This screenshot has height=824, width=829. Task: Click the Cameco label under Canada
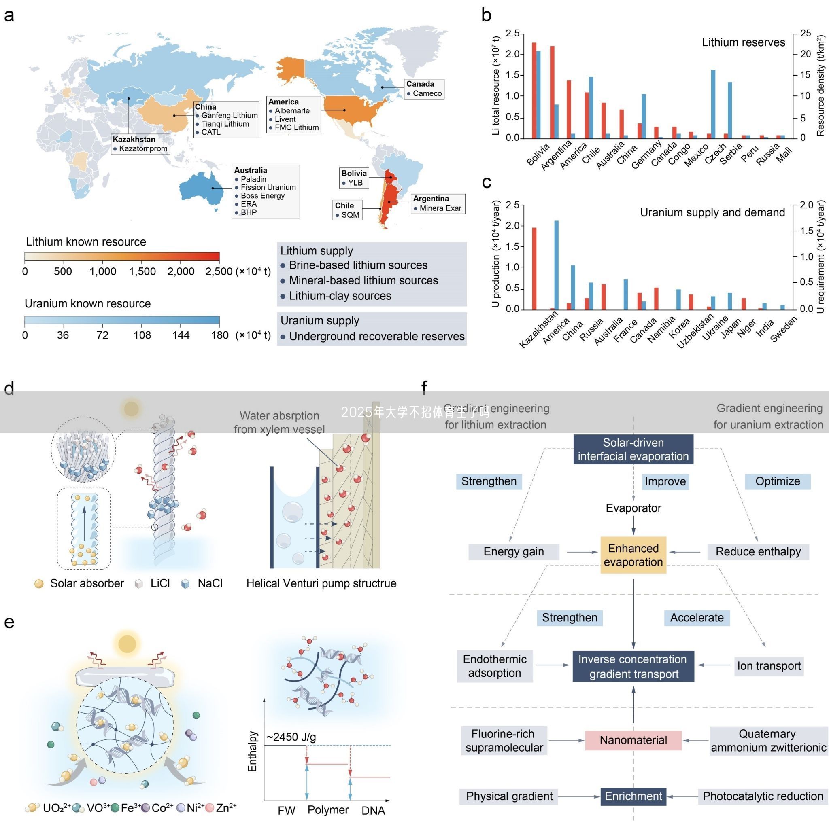click(427, 93)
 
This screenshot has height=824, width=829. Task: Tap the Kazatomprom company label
click(143, 149)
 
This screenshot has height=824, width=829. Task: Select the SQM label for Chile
click(350, 215)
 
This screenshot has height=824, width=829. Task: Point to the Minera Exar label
click(440, 208)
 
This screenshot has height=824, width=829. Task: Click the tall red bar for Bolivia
click(534, 90)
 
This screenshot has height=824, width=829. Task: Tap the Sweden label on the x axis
click(784, 329)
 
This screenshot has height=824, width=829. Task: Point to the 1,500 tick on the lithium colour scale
click(142, 271)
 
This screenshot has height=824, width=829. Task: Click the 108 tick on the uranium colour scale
click(142, 335)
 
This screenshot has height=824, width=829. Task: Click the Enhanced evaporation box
click(633, 555)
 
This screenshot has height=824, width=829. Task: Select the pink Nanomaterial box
click(633, 740)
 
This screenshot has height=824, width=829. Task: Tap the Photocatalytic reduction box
click(763, 796)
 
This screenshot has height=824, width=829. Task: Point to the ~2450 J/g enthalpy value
click(291, 737)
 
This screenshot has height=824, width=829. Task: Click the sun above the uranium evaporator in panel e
click(127, 644)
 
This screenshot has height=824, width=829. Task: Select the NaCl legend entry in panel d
click(210, 583)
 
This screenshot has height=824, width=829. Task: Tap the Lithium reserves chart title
click(743, 42)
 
